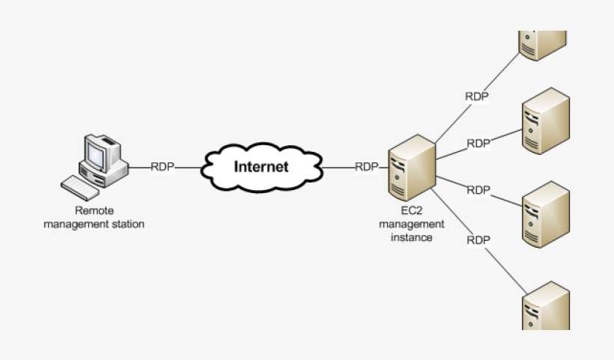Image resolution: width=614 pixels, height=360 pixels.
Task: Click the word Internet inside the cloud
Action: [x=261, y=167]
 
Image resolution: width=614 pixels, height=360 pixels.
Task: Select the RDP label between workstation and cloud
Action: [x=162, y=167]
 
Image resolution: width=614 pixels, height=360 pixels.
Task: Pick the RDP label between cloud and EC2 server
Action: [x=366, y=167]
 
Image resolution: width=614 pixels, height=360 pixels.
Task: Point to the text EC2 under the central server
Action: [x=412, y=213]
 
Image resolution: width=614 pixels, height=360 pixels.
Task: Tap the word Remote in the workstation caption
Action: [x=94, y=212]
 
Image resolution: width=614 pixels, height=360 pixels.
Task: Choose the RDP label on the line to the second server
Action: [x=478, y=143]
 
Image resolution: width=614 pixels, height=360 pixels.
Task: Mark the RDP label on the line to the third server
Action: [x=478, y=190]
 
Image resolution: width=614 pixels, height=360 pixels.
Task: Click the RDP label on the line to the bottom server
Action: [x=478, y=240]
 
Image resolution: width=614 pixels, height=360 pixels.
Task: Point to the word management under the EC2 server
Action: [x=412, y=225]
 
